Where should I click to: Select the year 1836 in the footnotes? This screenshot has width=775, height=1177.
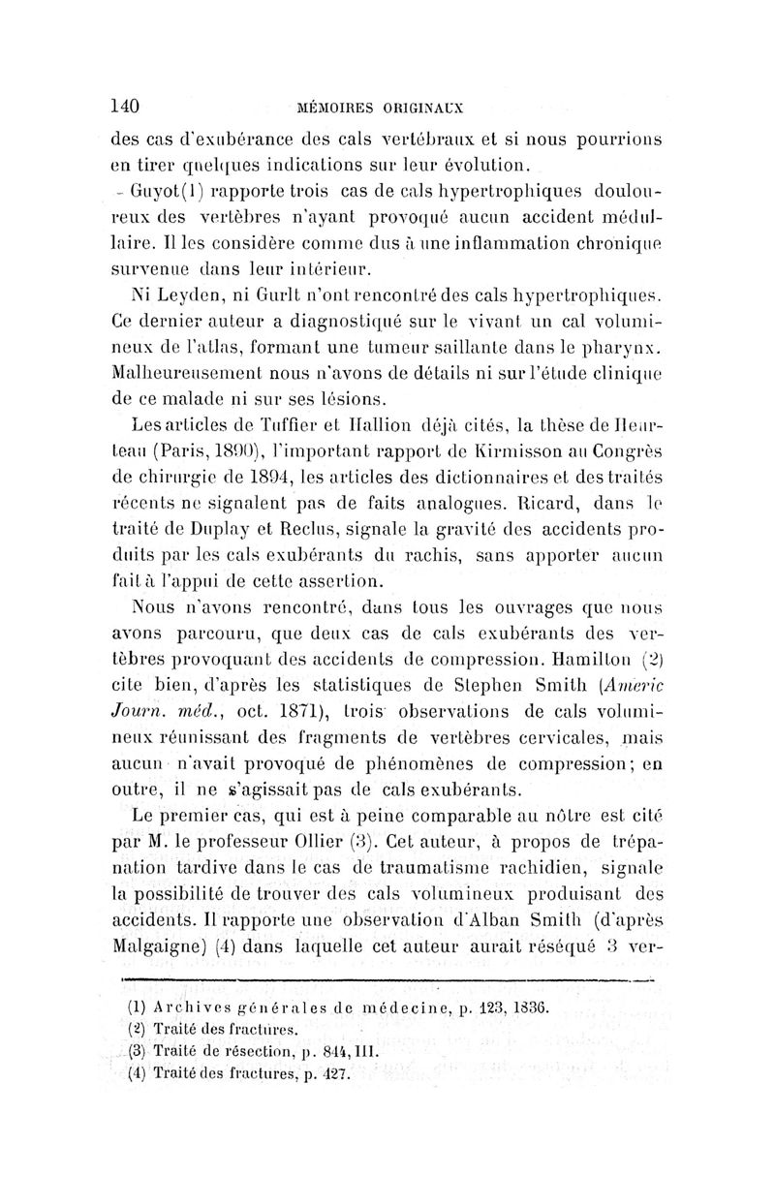528,1007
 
